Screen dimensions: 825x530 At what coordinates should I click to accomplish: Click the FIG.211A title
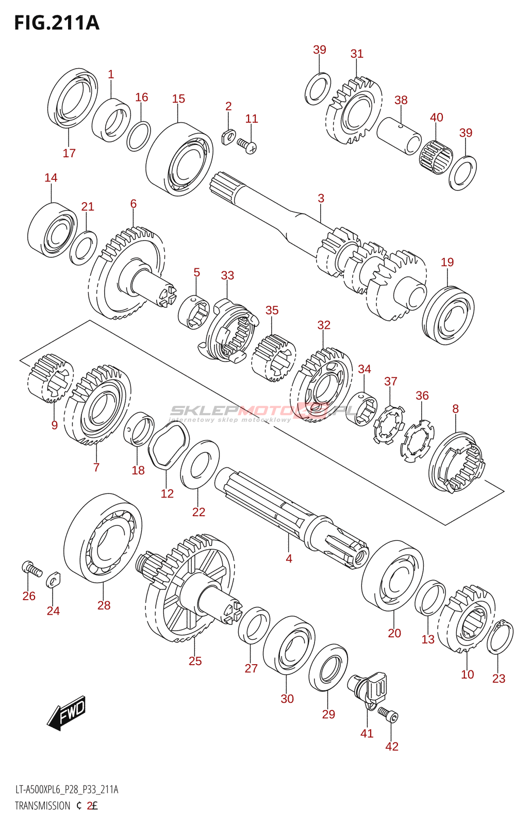pos(57,23)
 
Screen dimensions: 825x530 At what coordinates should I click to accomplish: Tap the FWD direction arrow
pos(67,713)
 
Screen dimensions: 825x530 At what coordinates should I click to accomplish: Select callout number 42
pos(392,746)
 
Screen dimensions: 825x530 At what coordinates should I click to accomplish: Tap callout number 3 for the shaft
pos(321,198)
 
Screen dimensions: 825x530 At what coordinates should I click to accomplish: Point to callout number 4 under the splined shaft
pos(289,558)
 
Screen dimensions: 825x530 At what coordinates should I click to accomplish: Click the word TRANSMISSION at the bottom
pos(42,806)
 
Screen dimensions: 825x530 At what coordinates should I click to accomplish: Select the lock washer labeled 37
pos(389,424)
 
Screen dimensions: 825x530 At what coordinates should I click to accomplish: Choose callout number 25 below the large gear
pos(195,661)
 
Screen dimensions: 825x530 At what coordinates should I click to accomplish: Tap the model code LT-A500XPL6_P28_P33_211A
pos(67,790)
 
